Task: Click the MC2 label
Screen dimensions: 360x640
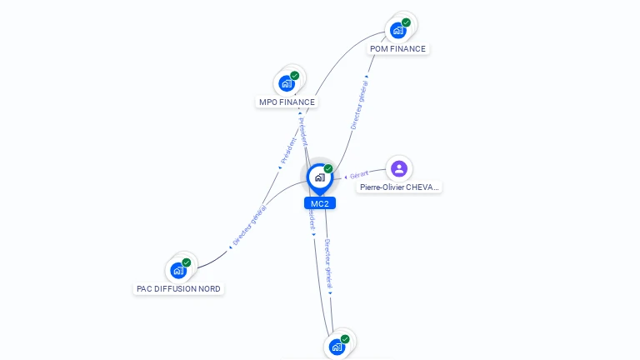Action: [x=319, y=203]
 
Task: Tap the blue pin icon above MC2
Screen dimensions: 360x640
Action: [x=319, y=177]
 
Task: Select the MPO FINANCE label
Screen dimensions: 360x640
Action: [x=287, y=102]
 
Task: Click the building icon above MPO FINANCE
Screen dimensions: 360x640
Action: [x=287, y=83]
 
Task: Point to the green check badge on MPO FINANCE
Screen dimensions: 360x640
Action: [x=295, y=75]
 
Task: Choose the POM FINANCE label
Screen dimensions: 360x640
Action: [x=397, y=49]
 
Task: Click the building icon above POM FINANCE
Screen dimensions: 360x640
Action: [x=398, y=30]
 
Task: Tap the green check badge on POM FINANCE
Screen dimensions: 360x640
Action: [x=406, y=22]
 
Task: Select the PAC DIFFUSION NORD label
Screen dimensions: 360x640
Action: [x=179, y=289]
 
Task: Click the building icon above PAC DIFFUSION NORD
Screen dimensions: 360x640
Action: [x=178, y=270]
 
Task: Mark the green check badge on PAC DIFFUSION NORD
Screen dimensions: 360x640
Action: [x=187, y=262]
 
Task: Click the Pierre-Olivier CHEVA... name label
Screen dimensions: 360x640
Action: [x=398, y=187]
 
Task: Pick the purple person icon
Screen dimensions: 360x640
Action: [x=399, y=168]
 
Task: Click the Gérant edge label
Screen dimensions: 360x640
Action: [x=359, y=175]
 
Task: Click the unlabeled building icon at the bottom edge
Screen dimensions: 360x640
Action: [x=337, y=347]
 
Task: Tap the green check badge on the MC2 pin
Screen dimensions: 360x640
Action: [x=328, y=168]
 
